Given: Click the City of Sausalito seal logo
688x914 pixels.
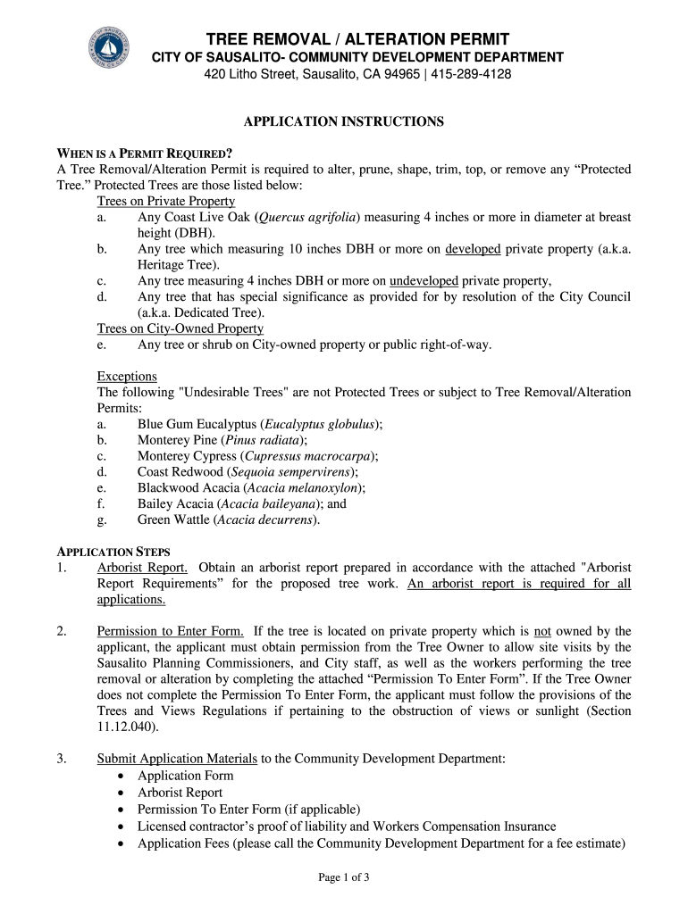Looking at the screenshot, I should [110, 51].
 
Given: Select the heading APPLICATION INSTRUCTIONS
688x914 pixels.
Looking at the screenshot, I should [344, 121].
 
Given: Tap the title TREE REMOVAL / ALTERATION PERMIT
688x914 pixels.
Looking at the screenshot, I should [357, 39].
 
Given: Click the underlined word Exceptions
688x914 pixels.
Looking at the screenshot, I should [127, 377].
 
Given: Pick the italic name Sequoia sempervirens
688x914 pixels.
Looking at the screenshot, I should [292, 471].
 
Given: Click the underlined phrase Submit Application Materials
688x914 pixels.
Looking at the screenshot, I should [177, 760].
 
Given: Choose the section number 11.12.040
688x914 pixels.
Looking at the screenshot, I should [127, 727].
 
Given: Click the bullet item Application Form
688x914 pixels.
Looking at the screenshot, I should [185, 776].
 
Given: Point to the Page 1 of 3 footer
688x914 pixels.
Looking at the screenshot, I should [344, 877].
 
